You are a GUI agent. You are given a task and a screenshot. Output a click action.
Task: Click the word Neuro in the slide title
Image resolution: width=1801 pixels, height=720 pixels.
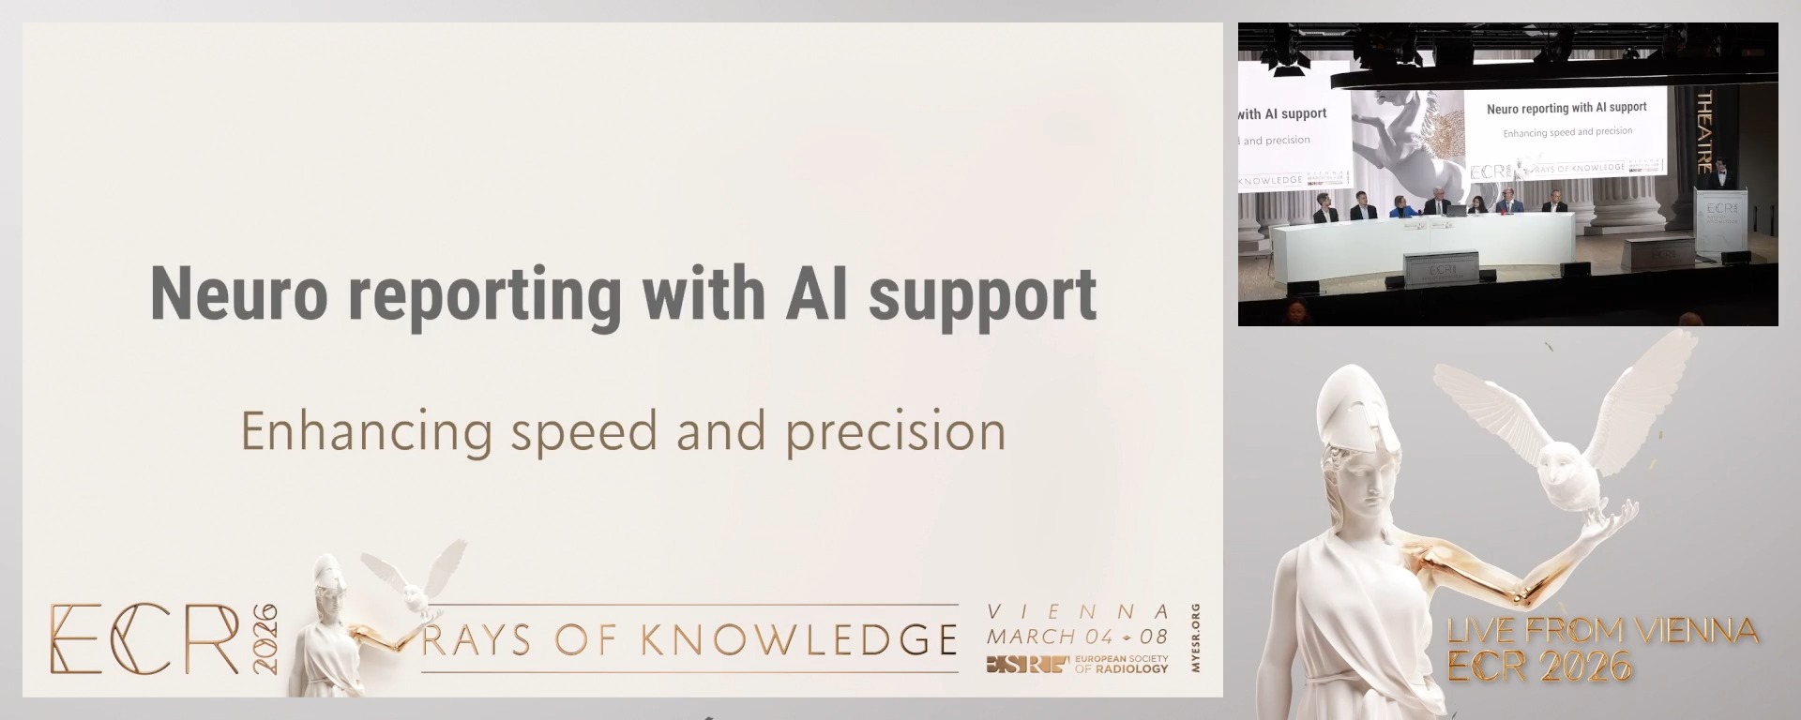coord(239,294)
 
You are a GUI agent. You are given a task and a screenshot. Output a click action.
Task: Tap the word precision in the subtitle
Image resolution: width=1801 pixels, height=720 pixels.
coord(896,432)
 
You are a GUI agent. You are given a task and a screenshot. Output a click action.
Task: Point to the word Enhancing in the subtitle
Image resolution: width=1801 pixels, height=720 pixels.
coord(366,432)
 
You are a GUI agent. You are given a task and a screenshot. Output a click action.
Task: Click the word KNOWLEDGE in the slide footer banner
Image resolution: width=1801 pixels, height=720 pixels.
coord(798,640)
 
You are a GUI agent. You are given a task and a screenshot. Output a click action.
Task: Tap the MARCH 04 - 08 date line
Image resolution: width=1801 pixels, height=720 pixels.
coord(1077,637)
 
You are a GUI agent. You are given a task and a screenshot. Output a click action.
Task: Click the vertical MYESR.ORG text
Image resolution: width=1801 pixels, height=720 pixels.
coord(1195,637)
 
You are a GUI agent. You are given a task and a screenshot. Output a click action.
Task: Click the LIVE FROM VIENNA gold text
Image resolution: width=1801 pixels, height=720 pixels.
coord(1602,631)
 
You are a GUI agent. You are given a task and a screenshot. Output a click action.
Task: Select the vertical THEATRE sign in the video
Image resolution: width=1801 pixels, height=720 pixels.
coord(1704,131)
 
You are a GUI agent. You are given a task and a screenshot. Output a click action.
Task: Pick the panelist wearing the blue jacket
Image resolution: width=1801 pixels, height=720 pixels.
coord(1400,207)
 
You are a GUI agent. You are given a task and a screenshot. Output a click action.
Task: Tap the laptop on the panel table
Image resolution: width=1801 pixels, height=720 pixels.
coord(1455,211)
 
